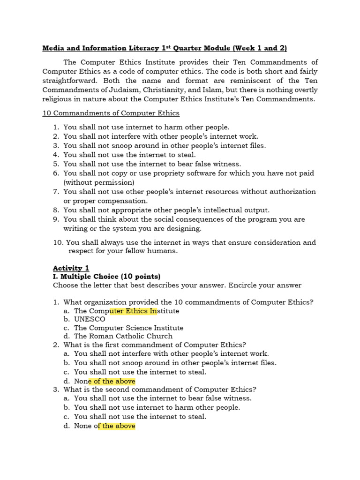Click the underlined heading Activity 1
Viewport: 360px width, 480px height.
[x=71, y=268]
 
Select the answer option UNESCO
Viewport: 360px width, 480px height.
[x=90, y=319]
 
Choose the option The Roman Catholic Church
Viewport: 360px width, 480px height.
[x=123, y=336]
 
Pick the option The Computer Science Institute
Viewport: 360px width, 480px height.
[x=128, y=328]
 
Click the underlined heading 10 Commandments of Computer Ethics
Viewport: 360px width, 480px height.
[x=111, y=113]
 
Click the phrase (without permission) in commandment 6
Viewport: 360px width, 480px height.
[x=99, y=182]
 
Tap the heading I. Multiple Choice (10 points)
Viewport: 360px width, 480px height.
[x=106, y=276]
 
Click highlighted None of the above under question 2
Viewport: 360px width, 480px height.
[x=105, y=381]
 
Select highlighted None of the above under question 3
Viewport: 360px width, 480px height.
[x=105, y=426]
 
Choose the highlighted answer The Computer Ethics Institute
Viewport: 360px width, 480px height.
[x=127, y=311]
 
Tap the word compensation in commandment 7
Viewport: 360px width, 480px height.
[x=124, y=201]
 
